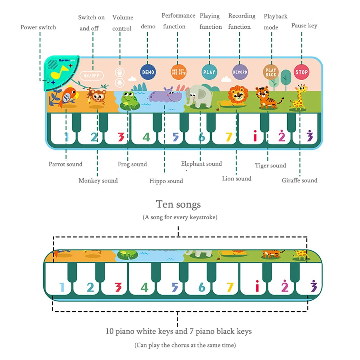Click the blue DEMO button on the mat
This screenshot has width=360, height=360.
[148, 72]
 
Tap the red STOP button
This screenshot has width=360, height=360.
[301, 72]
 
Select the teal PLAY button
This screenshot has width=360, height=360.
[209, 72]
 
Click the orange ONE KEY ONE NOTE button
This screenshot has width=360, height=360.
[178, 72]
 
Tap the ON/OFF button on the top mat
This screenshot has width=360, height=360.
[91, 76]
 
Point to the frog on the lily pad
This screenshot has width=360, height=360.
[130, 100]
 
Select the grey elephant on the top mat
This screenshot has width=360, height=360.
[198, 96]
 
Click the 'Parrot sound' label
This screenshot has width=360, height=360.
[66, 164]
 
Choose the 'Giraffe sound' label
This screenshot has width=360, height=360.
[300, 180]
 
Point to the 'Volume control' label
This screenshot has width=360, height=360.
[122, 23]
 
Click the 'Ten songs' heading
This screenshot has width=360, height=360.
[179, 204]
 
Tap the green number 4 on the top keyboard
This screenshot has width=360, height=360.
[146, 137]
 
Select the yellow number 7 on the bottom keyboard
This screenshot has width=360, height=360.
[230, 287]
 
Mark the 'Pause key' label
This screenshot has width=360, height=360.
[304, 26]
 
